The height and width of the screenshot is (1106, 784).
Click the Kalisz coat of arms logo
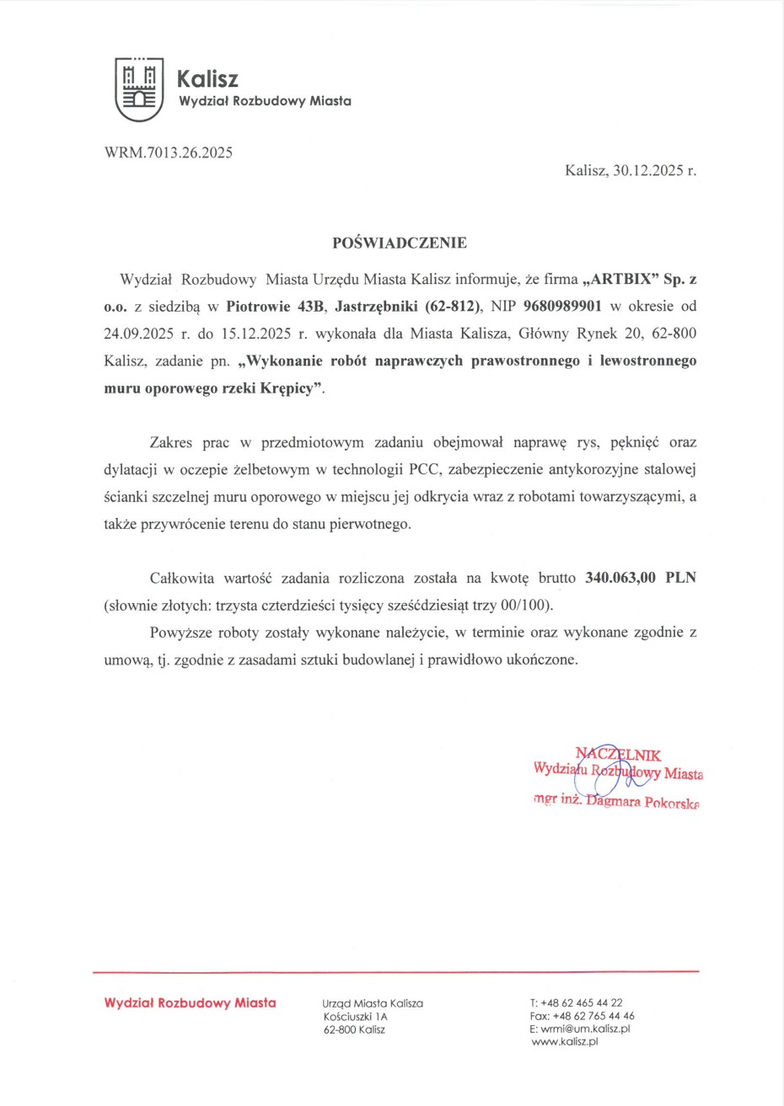(x=139, y=90)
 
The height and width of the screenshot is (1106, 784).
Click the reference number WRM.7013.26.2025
(x=169, y=153)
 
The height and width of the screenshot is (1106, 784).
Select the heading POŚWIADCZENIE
(x=400, y=243)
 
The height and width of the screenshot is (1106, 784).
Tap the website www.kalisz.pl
(x=565, y=1042)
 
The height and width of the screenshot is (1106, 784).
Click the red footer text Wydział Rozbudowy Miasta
(x=191, y=1002)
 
